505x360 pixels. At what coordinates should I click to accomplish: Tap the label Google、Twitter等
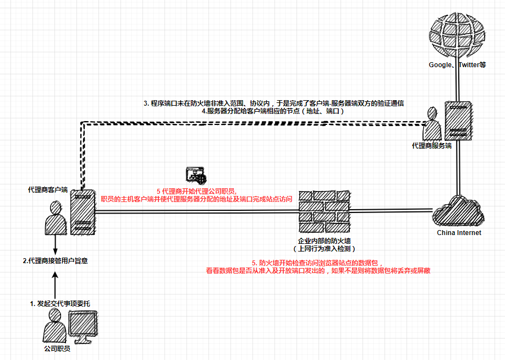pos(457,64)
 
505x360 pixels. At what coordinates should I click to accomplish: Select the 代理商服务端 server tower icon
pos(458,121)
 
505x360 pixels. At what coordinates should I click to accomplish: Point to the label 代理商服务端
pos(431,146)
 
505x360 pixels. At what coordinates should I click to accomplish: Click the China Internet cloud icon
pos(458,211)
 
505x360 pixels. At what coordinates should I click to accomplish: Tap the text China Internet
pos(459,233)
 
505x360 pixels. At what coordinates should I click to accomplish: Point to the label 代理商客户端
pos(47,189)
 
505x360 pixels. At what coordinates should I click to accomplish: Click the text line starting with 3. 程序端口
pos(273,103)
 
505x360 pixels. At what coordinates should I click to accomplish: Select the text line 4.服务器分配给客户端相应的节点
pos(273,111)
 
